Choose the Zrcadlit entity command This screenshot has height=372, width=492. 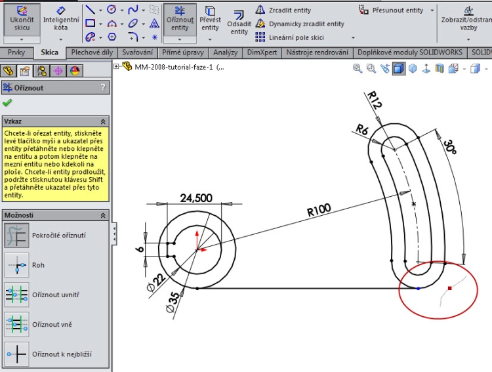coord(289,10)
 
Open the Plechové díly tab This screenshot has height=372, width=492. coord(92,52)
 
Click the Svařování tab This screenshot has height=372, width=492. coord(138,52)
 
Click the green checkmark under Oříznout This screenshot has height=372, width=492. coord(7,102)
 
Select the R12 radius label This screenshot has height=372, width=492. coord(375,101)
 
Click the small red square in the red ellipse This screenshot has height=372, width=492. coord(449,288)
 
